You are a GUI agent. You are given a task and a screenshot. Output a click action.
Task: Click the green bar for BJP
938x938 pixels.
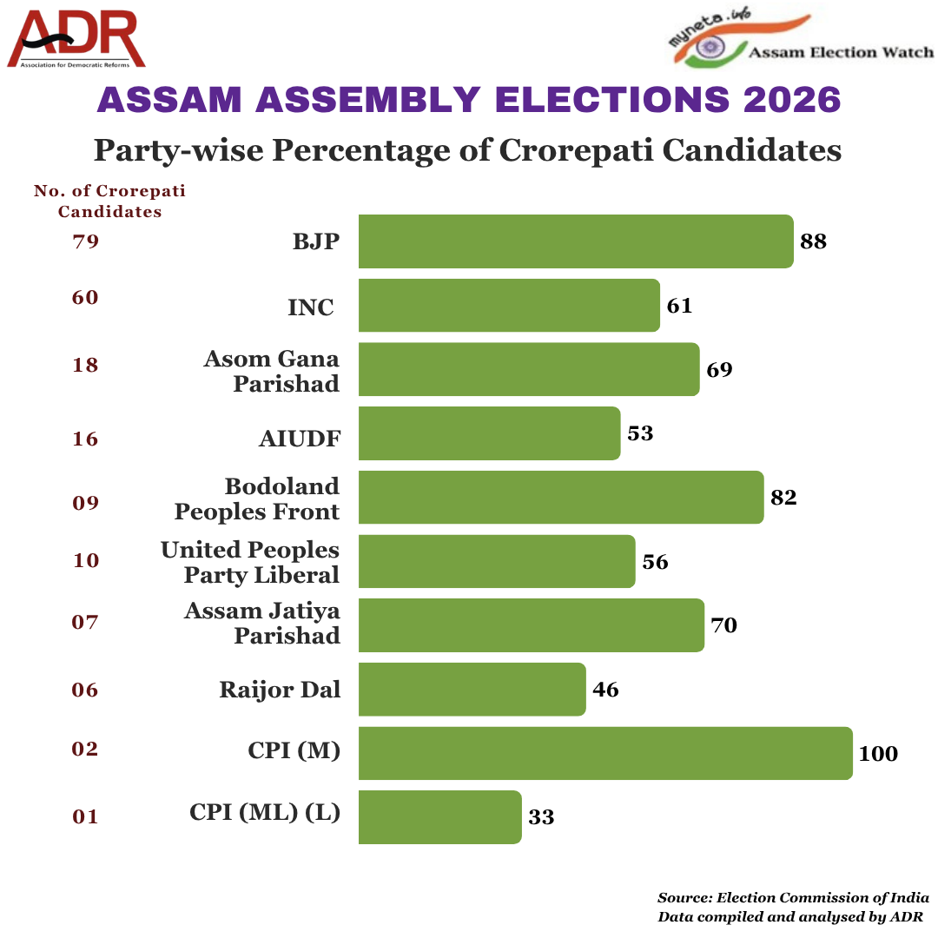[575, 241]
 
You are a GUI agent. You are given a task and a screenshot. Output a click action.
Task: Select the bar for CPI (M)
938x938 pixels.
[605, 753]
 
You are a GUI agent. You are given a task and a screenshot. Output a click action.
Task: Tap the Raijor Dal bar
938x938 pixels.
[472, 690]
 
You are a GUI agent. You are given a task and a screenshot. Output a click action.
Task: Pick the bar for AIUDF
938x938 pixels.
[489, 433]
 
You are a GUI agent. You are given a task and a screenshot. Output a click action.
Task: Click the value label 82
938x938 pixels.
[783, 498]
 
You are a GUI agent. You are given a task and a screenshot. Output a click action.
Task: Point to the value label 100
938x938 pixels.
[878, 754]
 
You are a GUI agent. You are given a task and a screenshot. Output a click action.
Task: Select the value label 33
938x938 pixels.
[541, 817]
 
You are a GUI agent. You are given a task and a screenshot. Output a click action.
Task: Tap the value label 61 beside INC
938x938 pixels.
[679, 306]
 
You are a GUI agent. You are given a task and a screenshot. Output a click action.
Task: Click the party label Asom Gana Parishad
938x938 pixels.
[272, 371]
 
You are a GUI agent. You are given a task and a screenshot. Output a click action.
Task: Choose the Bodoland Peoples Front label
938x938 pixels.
[257, 499]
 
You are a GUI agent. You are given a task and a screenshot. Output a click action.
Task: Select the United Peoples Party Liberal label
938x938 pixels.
[250, 562]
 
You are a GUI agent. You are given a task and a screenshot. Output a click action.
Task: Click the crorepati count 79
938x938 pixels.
[86, 241]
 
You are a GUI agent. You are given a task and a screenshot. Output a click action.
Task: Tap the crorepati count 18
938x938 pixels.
[86, 365]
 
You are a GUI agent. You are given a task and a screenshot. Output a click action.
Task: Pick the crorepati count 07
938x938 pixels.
[86, 622]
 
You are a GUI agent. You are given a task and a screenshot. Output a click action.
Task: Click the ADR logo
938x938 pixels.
[76, 39]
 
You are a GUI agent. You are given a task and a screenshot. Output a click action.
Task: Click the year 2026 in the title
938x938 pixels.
[792, 100]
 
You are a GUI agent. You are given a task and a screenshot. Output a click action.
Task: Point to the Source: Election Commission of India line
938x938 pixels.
[793, 898]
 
